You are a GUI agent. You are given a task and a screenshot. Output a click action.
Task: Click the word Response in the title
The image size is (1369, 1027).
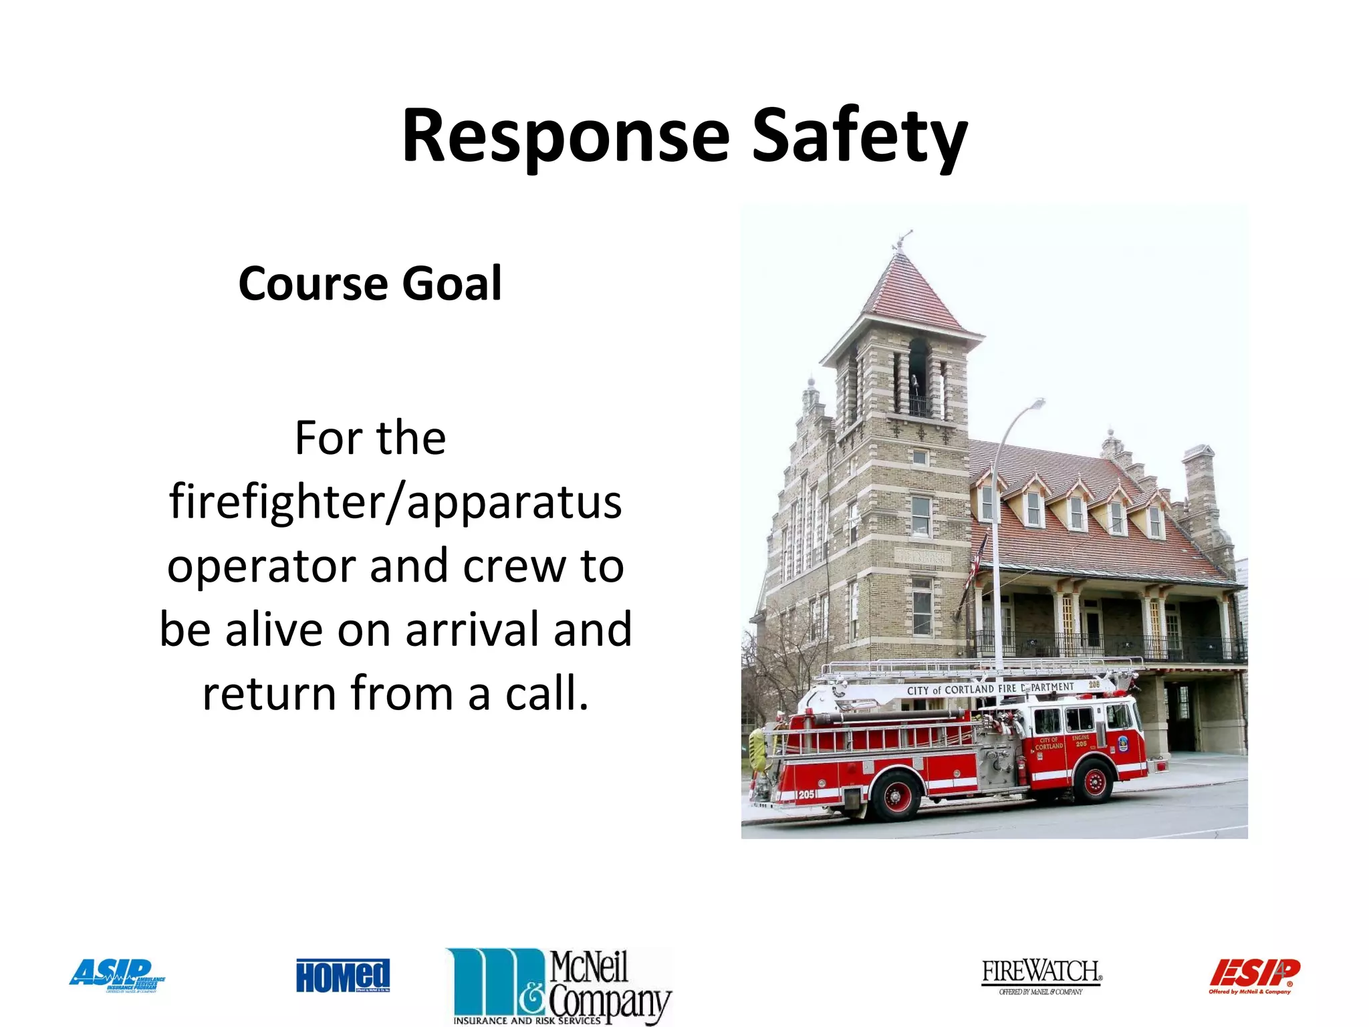(565, 136)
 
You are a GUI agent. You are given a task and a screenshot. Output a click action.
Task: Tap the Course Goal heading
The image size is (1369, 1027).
(370, 283)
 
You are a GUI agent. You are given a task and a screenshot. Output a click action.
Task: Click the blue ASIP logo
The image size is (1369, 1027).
(117, 975)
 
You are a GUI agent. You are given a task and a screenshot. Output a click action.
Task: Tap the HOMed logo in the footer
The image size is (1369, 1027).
(343, 976)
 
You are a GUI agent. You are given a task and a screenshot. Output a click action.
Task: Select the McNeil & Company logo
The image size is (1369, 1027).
(559, 986)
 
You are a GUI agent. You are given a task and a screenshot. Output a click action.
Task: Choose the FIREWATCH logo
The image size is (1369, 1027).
(1041, 976)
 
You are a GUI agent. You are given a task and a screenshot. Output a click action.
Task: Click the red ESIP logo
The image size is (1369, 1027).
(1254, 976)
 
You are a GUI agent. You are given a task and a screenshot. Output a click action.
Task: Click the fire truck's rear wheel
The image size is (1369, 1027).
(895, 794)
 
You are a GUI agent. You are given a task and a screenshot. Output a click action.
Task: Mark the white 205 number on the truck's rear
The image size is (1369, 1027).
(805, 794)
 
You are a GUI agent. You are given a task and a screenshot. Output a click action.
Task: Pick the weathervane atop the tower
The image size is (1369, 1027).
(902, 239)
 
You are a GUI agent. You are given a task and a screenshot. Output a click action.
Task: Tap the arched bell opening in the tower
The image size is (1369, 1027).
(918, 374)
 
